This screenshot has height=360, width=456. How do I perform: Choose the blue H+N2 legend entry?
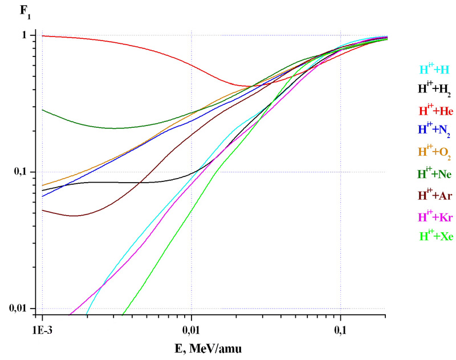click(435, 131)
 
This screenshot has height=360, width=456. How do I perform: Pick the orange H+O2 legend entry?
click(435, 152)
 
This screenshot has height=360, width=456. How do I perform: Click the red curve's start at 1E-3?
click(43, 36)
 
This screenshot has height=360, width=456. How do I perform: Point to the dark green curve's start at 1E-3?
click(43, 110)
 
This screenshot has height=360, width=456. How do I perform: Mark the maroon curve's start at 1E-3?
click(43, 210)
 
